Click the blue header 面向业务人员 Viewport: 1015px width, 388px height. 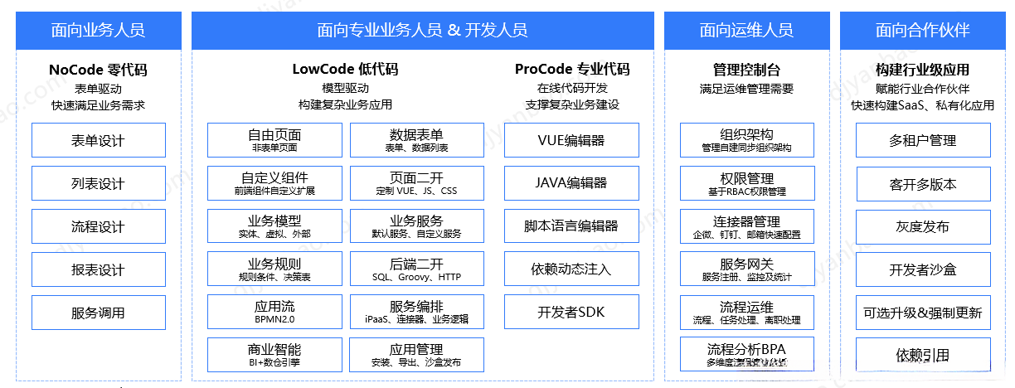tap(98, 31)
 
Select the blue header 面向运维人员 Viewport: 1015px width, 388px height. tap(745, 31)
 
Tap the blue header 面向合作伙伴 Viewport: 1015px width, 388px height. tap(922, 31)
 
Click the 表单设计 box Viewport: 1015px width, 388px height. tap(98, 140)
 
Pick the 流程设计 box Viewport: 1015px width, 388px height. tap(98, 226)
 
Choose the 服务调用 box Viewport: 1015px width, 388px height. tap(98, 313)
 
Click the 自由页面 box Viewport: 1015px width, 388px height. tap(274, 140)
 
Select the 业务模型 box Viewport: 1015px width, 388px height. tap(274, 226)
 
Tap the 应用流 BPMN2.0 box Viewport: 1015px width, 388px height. tap(274, 312)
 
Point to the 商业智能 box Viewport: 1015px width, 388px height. tap(274, 355)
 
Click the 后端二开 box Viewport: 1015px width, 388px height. tap(416, 269)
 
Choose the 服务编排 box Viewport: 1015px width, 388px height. tap(416, 312)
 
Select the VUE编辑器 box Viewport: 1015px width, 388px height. tap(571, 140)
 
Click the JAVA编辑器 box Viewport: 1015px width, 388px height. tap(571, 183)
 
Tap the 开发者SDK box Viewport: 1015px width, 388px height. tap(571, 313)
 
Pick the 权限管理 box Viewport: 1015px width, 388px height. tap(746, 183)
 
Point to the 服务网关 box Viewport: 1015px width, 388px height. tap(746, 269)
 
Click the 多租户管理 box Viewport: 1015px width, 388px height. tap(922, 140)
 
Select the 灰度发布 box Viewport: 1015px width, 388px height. tap(922, 226)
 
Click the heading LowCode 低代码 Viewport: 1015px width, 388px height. tap(345, 70)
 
